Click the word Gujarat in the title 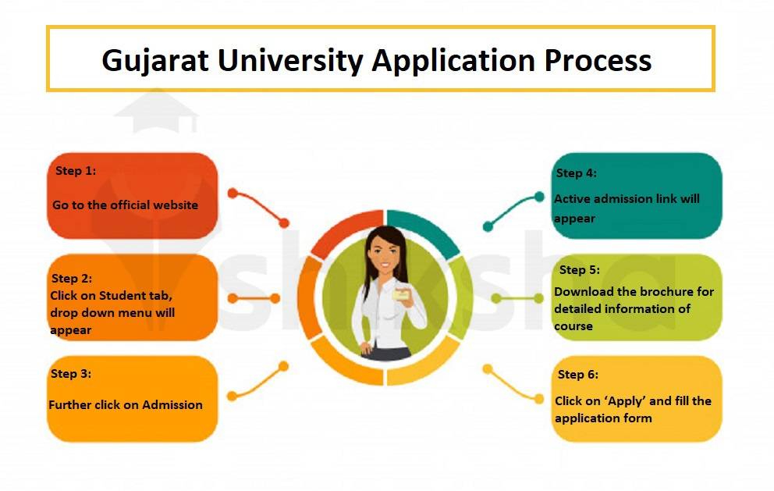point(155,60)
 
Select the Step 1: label point(76,171)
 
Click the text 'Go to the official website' point(125,205)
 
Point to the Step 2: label point(72,278)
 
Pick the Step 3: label point(71,374)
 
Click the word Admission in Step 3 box point(170,405)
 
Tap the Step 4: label point(576,173)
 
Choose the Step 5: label point(580,270)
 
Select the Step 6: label point(578,375)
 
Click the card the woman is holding point(403,295)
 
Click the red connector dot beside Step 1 point(232,193)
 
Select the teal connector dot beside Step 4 point(538,196)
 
